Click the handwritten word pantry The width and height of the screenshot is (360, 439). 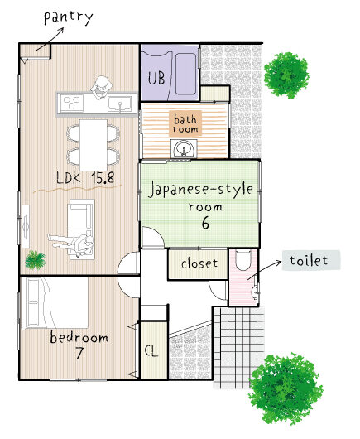(68, 18)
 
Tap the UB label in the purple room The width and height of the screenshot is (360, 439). (156, 78)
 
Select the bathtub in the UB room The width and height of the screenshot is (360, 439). (185, 75)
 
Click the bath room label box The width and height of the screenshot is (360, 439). (185, 123)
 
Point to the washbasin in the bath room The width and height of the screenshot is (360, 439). (184, 148)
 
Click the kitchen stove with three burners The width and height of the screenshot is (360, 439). (73, 103)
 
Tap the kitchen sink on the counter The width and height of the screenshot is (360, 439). (120, 104)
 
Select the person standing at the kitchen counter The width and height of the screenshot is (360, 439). (101, 87)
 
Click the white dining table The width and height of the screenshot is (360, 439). (94, 145)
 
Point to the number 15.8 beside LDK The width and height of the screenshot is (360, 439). (103, 178)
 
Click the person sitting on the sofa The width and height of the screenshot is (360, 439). (71, 243)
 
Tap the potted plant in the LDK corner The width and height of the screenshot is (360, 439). (36, 260)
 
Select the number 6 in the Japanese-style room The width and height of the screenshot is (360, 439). (205, 223)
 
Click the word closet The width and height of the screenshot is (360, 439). (199, 263)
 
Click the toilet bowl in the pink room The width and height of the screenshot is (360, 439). (242, 260)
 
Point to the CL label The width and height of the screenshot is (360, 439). (151, 350)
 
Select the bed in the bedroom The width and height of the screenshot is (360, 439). (55, 302)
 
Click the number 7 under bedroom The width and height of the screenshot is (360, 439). (79, 353)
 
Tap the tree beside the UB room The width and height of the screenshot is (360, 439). (286, 75)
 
